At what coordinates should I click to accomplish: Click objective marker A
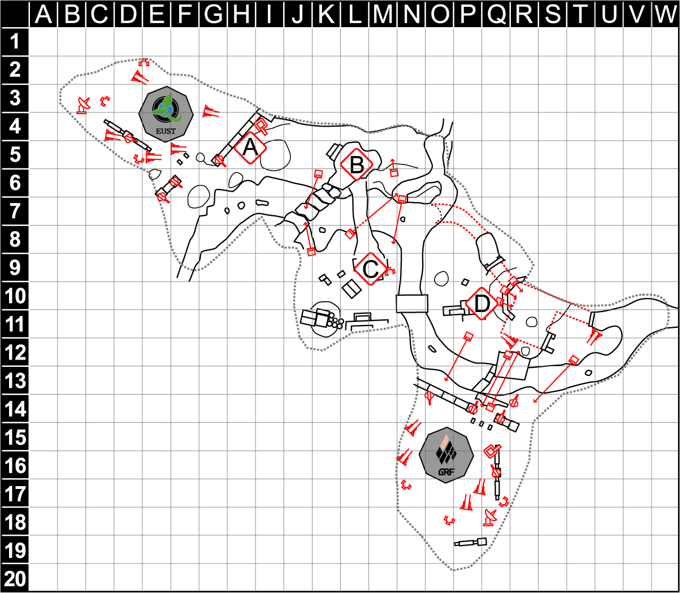pos(250,148)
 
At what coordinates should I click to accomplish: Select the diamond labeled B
pos(357,165)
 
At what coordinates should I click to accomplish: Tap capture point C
pos(371,269)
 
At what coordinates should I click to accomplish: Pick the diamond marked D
pos(482,304)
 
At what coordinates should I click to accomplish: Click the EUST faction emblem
pos(166,114)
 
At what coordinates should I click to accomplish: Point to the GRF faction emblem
pos(446,455)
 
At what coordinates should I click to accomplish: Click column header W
pos(665,14)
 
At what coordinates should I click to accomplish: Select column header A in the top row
pos(44,14)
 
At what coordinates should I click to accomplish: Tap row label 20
pos(15,579)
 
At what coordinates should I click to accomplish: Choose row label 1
pos(15,42)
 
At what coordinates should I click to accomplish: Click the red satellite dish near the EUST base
pos(83,106)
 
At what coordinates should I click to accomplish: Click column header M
pos(383,14)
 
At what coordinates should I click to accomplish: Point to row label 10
pos(15,296)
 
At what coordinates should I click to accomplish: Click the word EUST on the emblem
pos(166,131)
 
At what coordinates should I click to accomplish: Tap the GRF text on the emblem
pos(446,472)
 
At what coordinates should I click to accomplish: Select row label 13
pos(15,380)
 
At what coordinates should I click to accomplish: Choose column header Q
pos(496,14)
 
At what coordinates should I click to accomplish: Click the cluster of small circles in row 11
pos(335,321)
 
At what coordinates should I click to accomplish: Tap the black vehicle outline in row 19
pos(471,542)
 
